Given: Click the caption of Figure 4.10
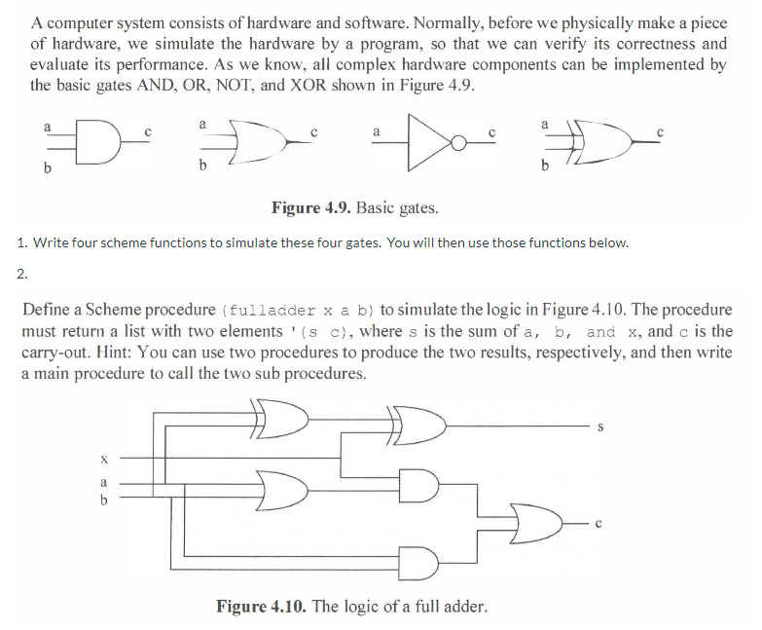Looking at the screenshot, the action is (x=351, y=607).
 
